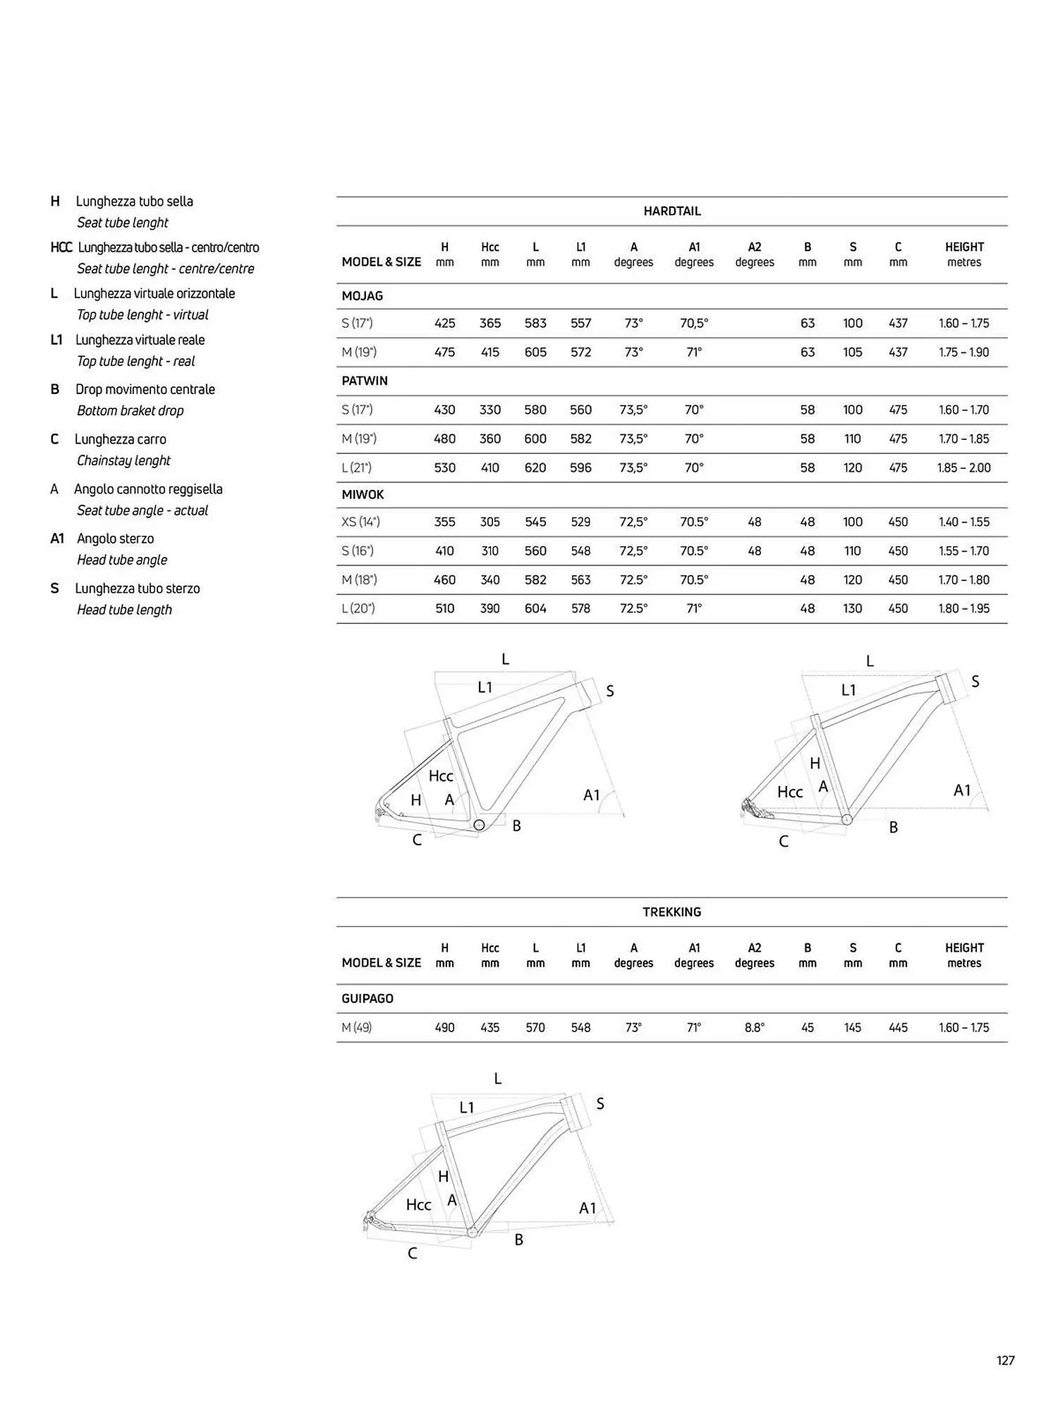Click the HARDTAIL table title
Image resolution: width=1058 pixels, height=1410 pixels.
(x=671, y=211)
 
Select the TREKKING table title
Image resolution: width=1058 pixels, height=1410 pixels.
(x=671, y=912)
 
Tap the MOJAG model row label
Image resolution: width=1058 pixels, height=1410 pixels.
(x=363, y=296)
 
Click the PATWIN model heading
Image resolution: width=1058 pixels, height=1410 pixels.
(x=365, y=381)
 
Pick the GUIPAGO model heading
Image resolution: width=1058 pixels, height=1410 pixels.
(x=367, y=998)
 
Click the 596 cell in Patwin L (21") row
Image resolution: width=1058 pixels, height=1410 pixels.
(x=580, y=467)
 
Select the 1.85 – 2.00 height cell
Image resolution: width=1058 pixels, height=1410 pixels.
(x=963, y=467)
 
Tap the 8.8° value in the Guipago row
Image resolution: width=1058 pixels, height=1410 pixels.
(x=754, y=1027)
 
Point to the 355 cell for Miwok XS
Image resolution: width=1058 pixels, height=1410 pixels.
(x=444, y=522)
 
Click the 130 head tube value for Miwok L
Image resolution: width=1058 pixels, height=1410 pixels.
(x=852, y=608)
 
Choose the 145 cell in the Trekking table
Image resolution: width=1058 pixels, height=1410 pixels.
(x=852, y=1027)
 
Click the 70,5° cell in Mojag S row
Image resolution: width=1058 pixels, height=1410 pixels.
(x=694, y=323)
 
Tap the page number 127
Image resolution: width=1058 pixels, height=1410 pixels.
(x=1005, y=1360)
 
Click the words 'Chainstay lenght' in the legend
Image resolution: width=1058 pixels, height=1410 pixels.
(x=124, y=460)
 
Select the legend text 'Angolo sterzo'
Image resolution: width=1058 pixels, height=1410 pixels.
(x=115, y=539)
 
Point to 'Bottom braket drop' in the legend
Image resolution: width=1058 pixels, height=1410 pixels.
(x=130, y=410)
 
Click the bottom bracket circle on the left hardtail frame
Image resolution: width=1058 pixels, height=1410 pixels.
(x=479, y=824)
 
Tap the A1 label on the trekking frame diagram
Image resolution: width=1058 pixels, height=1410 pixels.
(x=588, y=1208)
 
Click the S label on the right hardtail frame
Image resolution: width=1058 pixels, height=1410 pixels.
(x=975, y=681)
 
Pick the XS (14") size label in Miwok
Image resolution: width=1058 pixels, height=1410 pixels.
(x=360, y=522)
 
